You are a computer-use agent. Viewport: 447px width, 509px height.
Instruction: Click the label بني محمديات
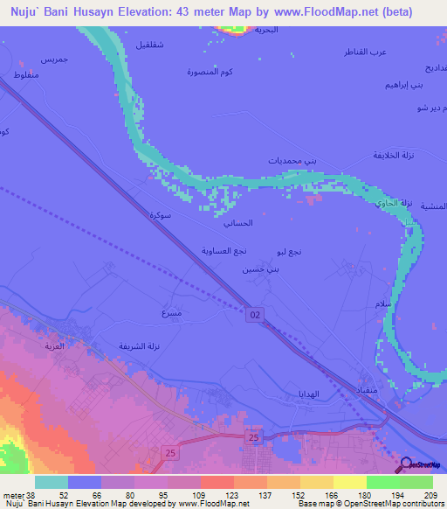coord(288,161)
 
